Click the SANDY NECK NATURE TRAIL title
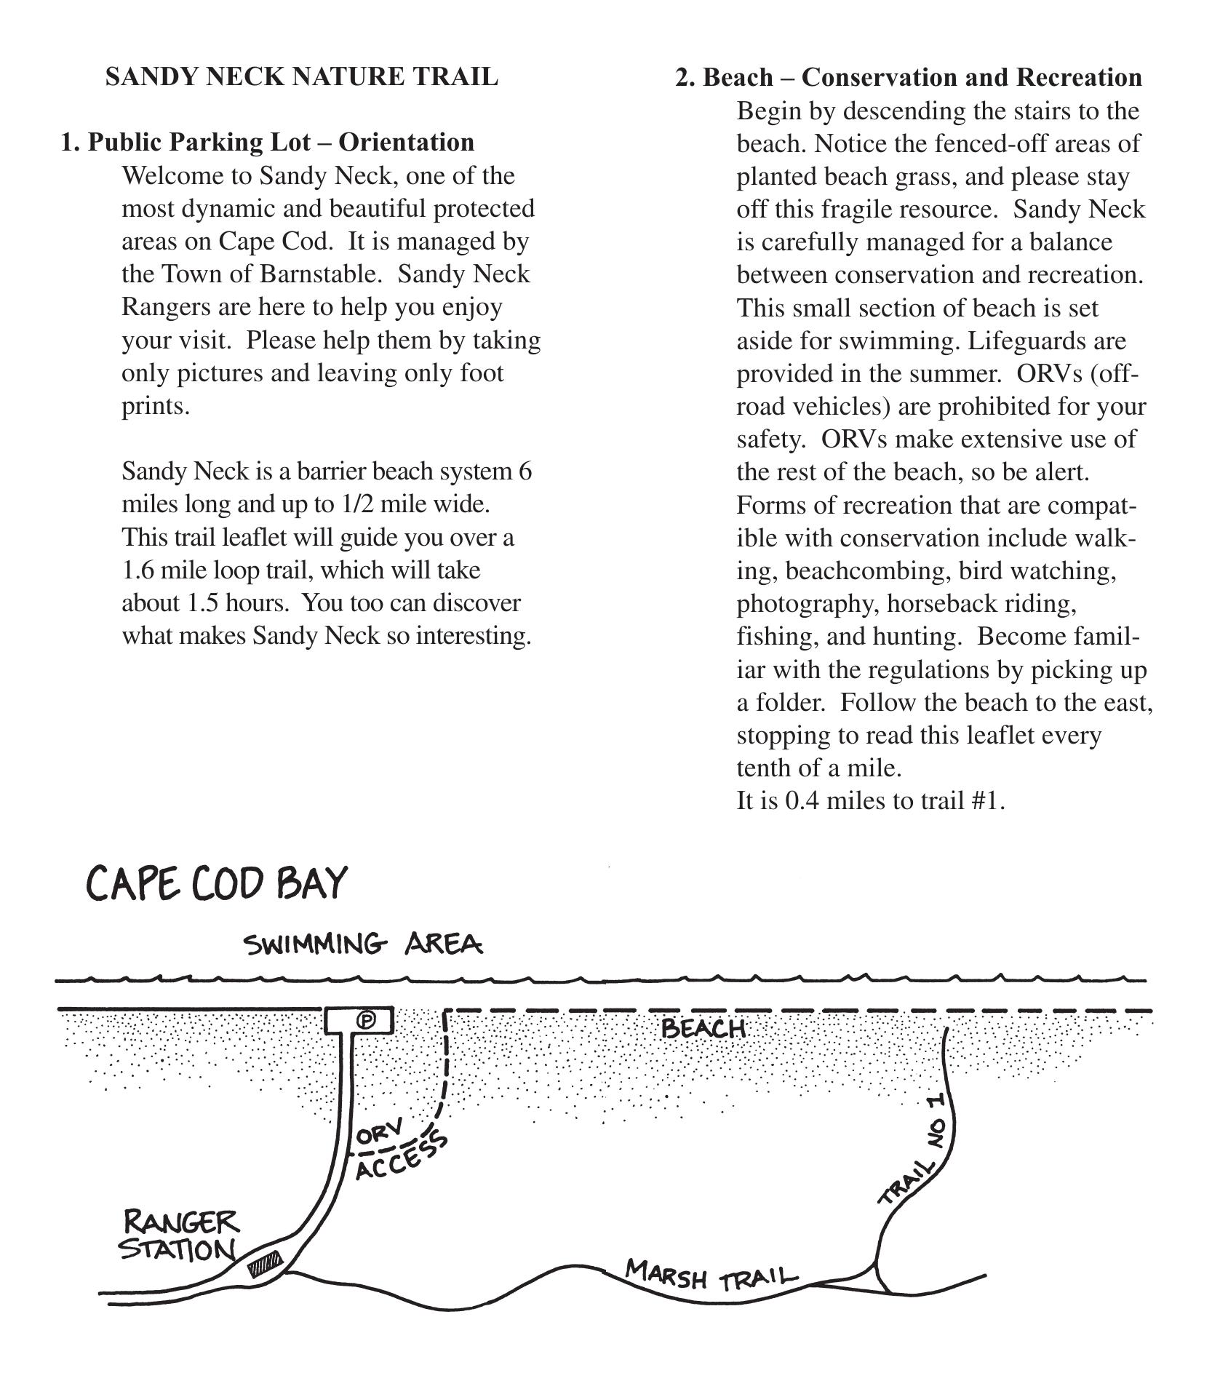coord(302,77)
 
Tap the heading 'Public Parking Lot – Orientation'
coord(281,142)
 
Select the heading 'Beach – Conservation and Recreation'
coord(922,77)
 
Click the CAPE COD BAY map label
coord(217,884)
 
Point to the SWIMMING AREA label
coord(363,944)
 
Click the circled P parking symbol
coord(367,1020)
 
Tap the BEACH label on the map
coord(703,1029)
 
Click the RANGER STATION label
coord(179,1235)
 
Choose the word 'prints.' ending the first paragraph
coord(156,407)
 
